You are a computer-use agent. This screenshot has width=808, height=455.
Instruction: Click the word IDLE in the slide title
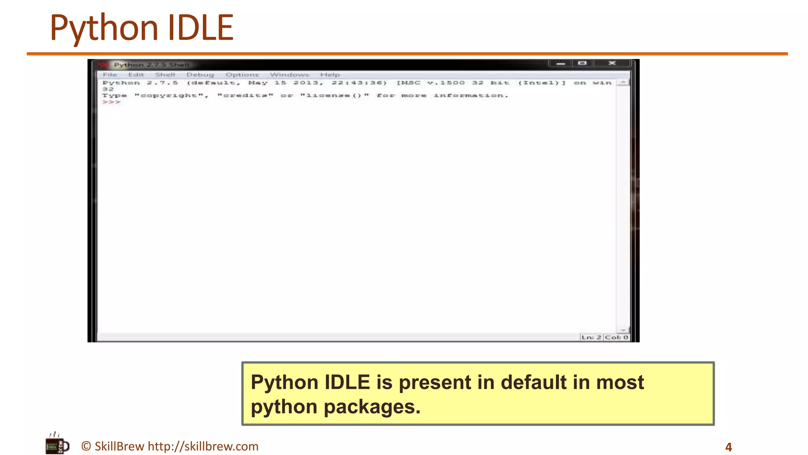click(x=200, y=28)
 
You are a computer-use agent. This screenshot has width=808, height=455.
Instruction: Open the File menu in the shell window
click(x=110, y=75)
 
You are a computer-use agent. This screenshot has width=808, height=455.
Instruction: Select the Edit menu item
click(x=136, y=75)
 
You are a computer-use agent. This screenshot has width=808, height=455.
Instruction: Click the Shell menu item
click(x=165, y=75)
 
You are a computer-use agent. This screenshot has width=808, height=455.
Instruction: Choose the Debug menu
click(x=200, y=75)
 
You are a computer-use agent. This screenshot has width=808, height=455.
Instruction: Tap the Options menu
click(x=242, y=75)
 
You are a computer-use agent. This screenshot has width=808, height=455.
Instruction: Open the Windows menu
click(x=289, y=75)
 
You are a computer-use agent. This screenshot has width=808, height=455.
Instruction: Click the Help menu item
click(x=330, y=75)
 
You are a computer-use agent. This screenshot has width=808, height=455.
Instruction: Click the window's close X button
click(x=612, y=63)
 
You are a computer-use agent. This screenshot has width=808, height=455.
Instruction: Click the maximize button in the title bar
click(x=582, y=63)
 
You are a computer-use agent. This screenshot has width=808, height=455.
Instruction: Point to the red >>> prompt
click(x=111, y=102)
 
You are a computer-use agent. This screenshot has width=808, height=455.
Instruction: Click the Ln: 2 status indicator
click(x=591, y=337)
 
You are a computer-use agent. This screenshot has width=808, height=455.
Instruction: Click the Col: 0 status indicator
click(x=616, y=337)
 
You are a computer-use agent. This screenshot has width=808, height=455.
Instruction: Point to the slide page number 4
click(x=728, y=447)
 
